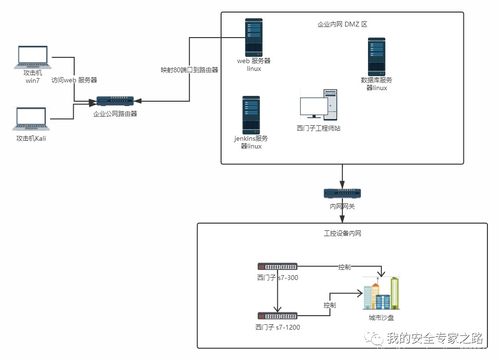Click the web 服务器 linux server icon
coord(255,36)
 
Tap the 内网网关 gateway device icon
coord(342,193)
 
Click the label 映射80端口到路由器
coord(188,71)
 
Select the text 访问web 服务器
coord(75,80)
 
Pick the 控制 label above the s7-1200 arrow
coord(329,304)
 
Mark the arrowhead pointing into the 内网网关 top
coord(342,184)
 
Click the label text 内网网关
coord(342,206)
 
